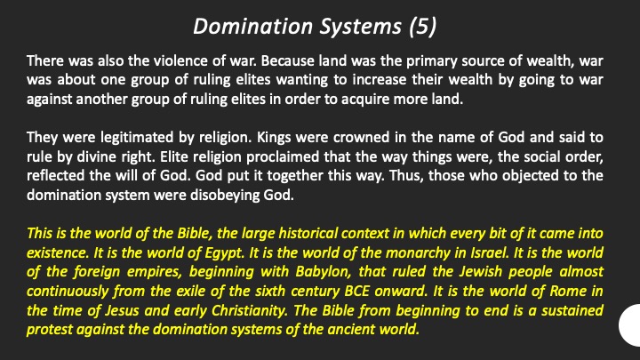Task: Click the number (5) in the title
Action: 422,26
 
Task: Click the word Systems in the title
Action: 360,27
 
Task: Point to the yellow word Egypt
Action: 224,253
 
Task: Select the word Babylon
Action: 324,272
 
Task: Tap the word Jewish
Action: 480,272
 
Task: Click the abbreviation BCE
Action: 357,291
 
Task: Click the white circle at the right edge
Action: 630,325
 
